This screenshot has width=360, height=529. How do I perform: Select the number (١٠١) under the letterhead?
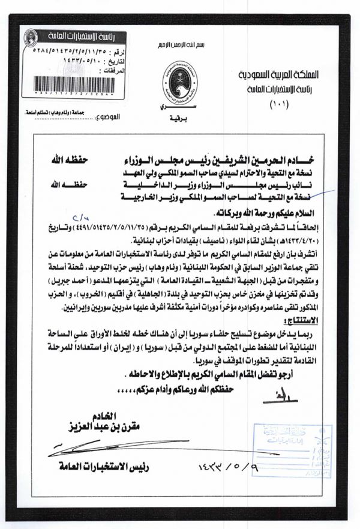pos(280,106)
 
